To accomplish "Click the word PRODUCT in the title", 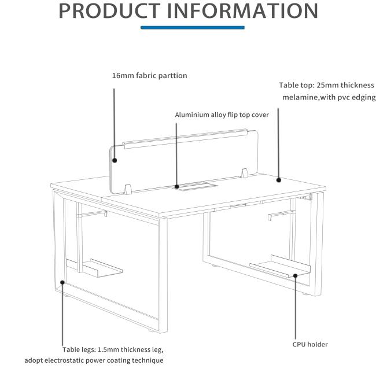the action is pos(109,10).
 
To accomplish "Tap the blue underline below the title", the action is pos(193,28).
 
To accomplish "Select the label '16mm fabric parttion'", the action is pos(150,76).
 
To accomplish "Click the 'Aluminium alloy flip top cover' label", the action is pos(222,115).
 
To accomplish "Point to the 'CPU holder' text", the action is pos(310,344).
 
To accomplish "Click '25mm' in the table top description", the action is pos(327,85).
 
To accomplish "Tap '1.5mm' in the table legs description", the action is pos(108,349).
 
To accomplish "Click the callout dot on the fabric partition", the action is pos(115,160).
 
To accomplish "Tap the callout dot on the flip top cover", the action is pos(177,186).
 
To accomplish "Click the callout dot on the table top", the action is pos(278,179).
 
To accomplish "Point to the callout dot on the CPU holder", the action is pos(296,275).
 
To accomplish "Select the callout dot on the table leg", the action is pos(62,282).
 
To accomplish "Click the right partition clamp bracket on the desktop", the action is pos(244,173).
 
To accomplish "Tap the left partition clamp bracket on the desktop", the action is pos(128,189).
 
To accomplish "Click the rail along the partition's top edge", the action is pos(185,139).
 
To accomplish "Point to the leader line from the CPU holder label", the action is pos(296,308).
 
